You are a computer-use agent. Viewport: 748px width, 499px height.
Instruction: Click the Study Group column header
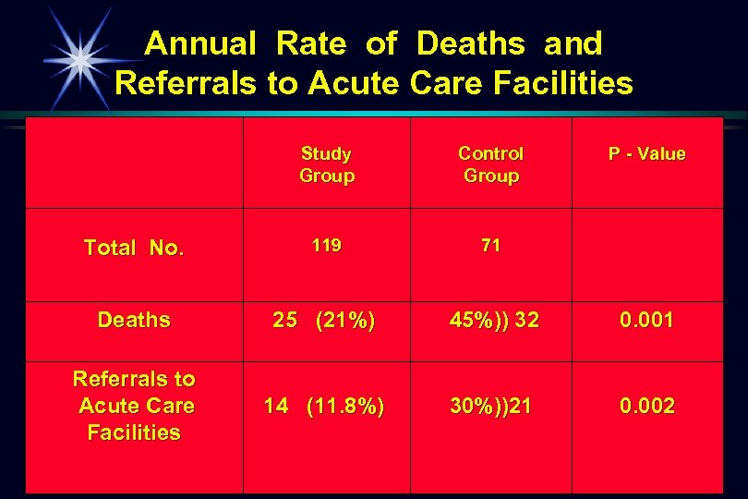[x=326, y=164]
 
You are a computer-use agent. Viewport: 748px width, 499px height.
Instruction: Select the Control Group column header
[x=490, y=164]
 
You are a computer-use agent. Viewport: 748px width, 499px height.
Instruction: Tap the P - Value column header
[x=646, y=154]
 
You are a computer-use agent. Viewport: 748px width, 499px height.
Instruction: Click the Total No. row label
[x=134, y=248]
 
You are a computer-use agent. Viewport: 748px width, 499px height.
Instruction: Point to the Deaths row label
[x=134, y=321]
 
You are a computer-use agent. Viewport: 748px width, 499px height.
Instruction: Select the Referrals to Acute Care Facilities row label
[x=134, y=406]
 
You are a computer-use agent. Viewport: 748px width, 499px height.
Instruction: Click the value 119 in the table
[x=326, y=246]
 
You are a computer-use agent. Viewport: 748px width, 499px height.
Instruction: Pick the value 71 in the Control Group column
[x=490, y=246]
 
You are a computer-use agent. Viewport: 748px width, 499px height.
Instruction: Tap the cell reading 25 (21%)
[x=324, y=321]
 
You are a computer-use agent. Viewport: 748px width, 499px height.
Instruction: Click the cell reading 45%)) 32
[x=494, y=321]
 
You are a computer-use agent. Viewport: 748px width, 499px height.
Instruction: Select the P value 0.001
[x=646, y=321]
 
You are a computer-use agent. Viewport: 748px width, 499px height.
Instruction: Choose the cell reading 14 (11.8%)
[x=324, y=406]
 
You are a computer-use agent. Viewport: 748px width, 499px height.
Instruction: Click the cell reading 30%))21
[x=490, y=406]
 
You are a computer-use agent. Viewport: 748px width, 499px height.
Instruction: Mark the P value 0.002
[x=646, y=406]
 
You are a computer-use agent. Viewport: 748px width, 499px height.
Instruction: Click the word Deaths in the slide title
[x=470, y=43]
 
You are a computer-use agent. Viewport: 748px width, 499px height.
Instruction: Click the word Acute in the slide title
[x=354, y=84]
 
